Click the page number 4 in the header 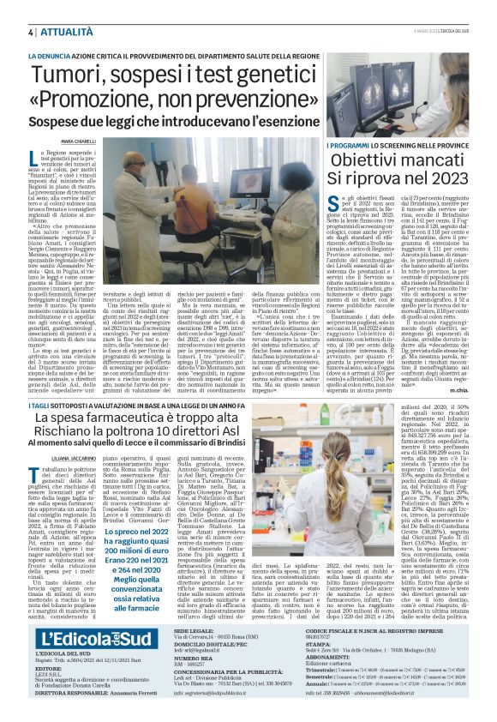coord(31,32)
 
